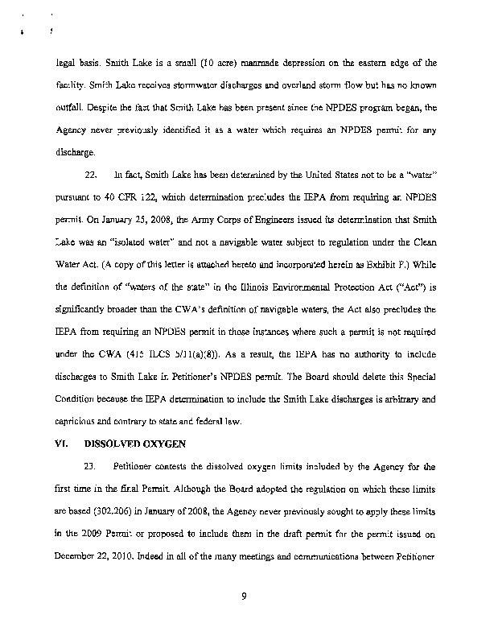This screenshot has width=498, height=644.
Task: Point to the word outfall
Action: (72, 107)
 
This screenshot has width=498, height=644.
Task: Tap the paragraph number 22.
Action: (91, 173)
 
